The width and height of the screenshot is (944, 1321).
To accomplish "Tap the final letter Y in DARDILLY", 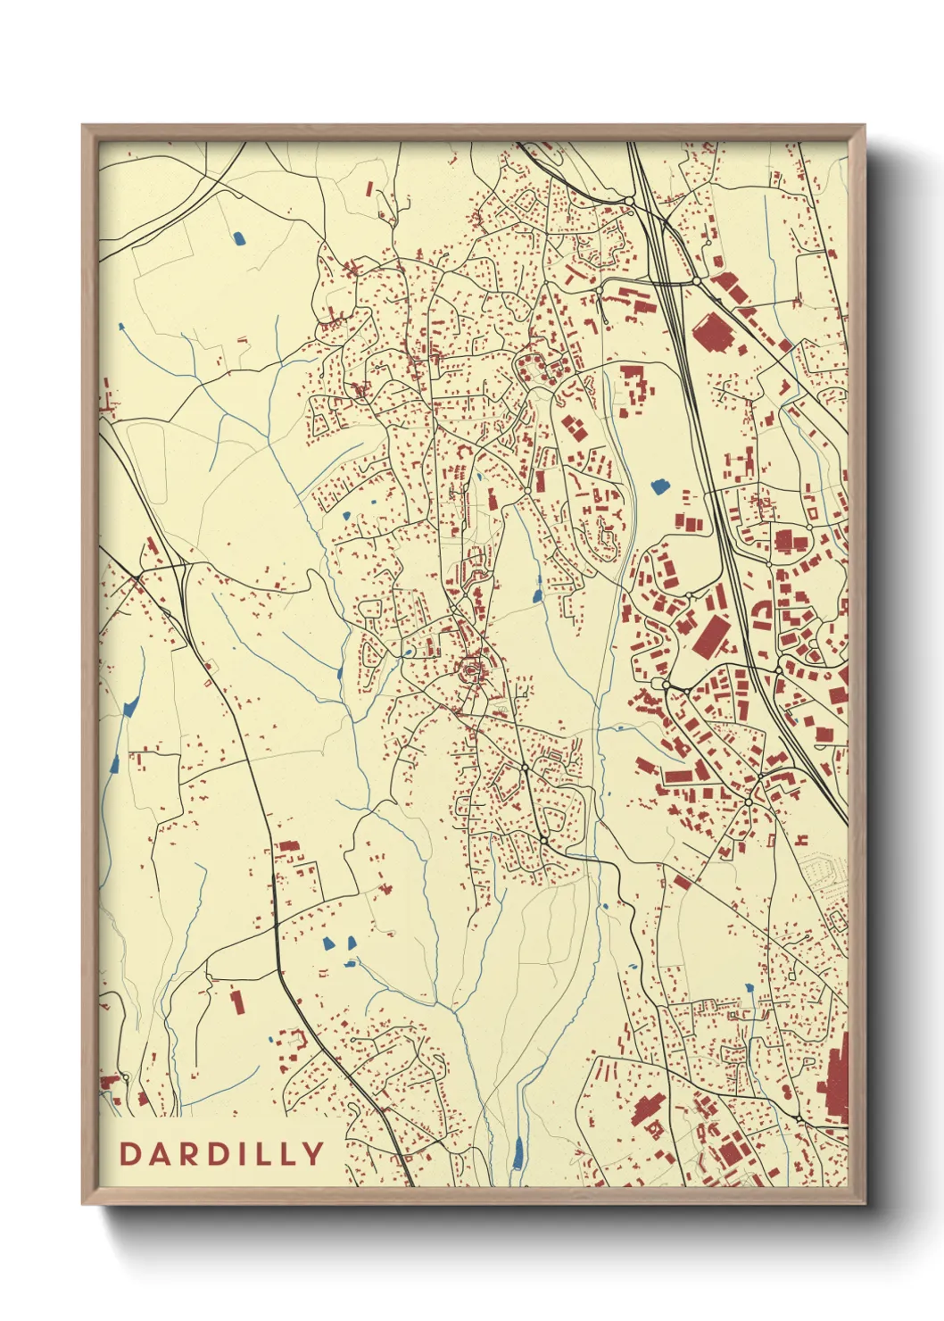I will pos(313,1154).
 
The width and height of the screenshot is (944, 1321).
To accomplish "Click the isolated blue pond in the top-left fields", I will pos(238,238).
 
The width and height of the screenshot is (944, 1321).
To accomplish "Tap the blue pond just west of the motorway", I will pos(659,486).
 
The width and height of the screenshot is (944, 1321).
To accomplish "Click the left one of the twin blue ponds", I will pos(327,943).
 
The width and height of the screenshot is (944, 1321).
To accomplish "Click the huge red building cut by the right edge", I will pos(835,1084).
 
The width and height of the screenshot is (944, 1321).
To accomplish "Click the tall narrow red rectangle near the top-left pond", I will pos(369,190).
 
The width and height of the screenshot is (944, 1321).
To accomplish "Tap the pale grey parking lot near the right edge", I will pos(823,870).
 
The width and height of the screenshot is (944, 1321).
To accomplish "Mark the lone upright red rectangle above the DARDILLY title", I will pos(236,1001).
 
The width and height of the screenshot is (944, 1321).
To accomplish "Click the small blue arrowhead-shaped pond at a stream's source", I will pos(130,709).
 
